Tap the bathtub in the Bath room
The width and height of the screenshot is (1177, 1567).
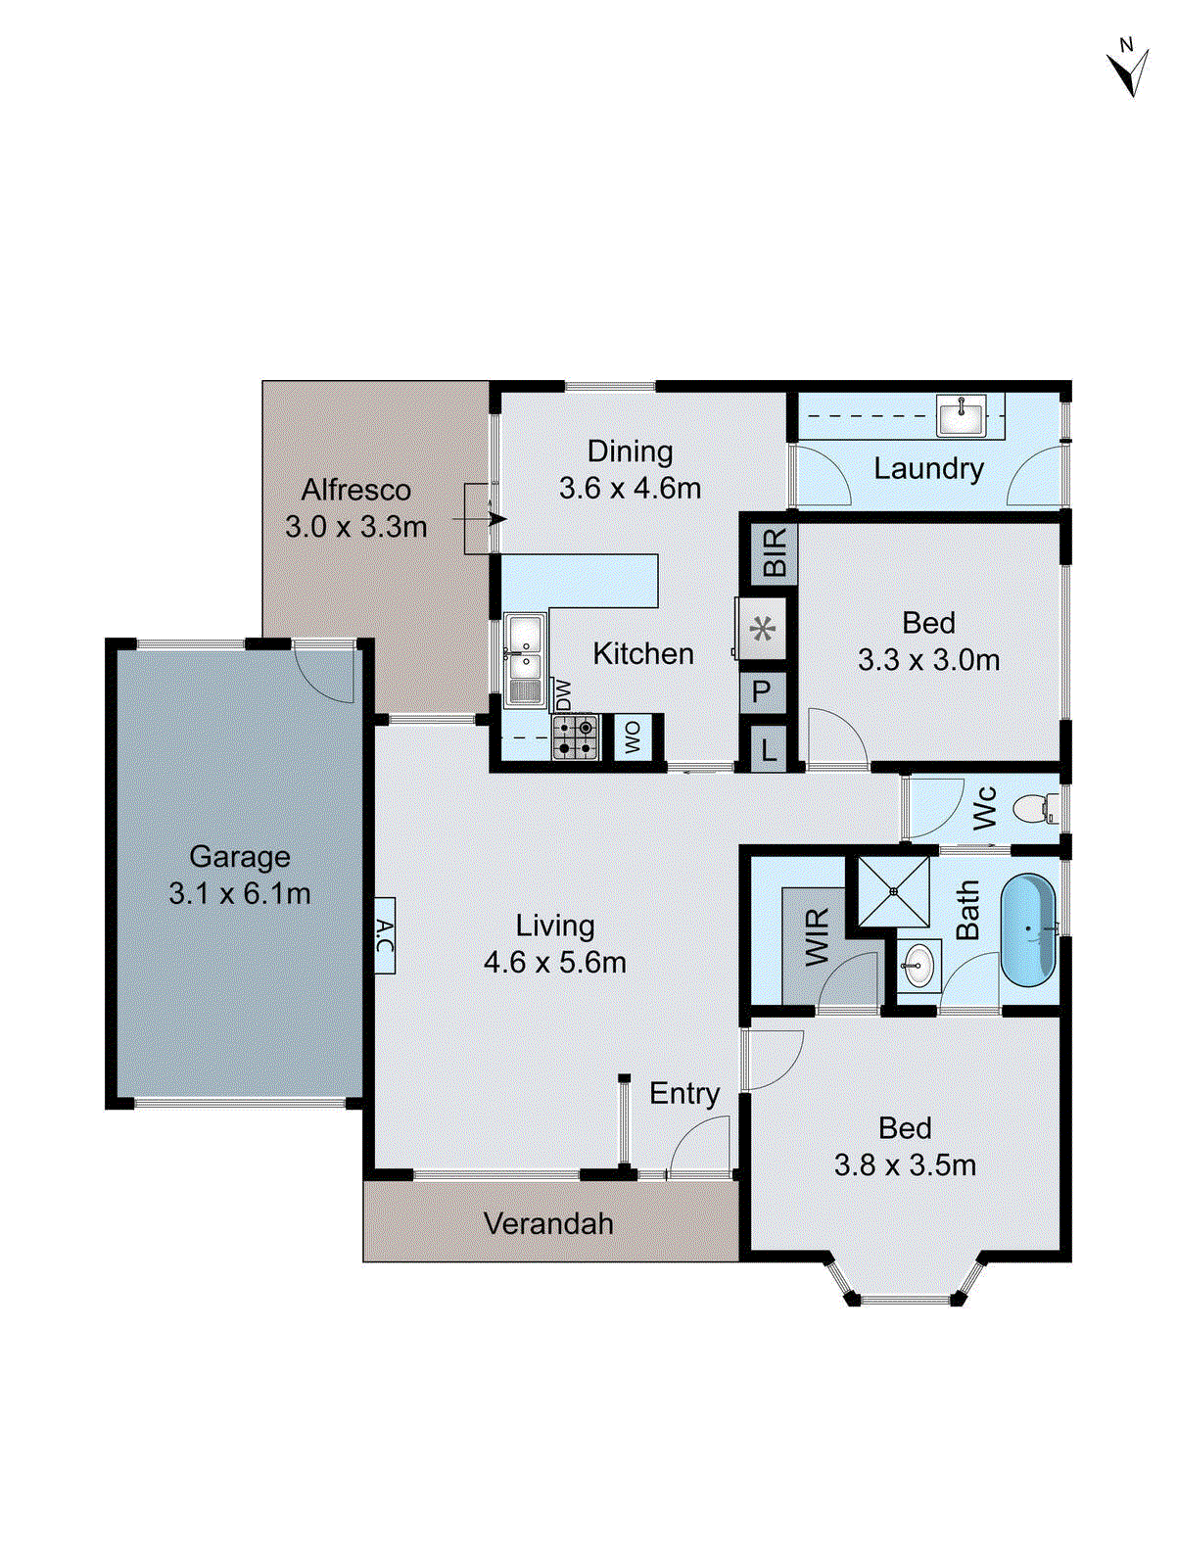(1027, 928)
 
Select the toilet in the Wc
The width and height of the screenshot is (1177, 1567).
(1032, 809)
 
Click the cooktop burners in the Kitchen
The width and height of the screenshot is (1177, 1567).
(575, 737)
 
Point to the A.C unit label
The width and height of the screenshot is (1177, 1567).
(384, 935)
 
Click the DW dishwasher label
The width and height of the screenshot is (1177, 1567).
(562, 694)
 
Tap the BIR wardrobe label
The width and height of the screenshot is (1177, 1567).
(774, 552)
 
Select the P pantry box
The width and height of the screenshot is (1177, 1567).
(762, 691)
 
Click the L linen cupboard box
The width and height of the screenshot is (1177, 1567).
(769, 750)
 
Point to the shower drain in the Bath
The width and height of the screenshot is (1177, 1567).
(893, 891)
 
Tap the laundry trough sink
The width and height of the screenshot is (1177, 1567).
(962, 414)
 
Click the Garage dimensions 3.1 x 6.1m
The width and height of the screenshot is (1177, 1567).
(239, 893)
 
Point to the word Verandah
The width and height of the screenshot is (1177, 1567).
(548, 1223)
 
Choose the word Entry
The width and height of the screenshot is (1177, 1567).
(683, 1093)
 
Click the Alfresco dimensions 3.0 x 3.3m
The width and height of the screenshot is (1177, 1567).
(355, 527)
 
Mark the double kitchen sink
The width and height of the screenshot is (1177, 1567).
(525, 647)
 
